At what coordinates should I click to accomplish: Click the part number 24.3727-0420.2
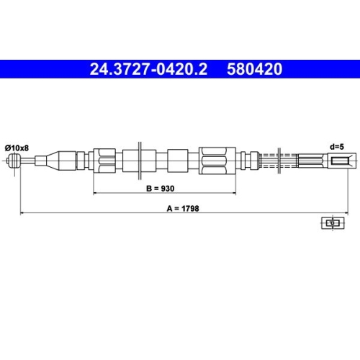[x=148, y=69]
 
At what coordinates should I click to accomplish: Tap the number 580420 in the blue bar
[x=255, y=69]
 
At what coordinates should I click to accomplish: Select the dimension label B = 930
[x=161, y=189]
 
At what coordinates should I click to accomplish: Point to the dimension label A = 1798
[x=183, y=208]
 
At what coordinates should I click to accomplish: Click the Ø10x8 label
[x=17, y=148]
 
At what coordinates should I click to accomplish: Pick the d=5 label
[x=337, y=147]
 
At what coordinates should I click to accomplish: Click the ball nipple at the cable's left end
[x=14, y=161]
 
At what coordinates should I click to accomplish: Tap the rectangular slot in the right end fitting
[x=341, y=161]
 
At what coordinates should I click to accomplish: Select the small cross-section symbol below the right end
[x=333, y=223]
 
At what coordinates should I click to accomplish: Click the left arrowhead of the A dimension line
[x=22, y=212]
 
